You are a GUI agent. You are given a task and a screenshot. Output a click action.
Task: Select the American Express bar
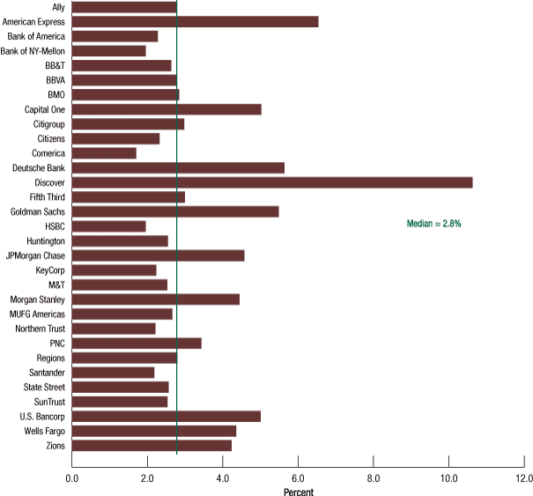tap(195, 22)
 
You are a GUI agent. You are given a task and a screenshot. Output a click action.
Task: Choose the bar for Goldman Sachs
tap(175, 211)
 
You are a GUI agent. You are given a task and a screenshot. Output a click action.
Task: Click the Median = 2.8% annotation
tap(433, 225)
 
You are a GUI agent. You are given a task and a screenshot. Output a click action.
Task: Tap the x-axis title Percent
tap(298, 492)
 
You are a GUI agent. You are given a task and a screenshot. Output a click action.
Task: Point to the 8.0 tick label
tap(374, 478)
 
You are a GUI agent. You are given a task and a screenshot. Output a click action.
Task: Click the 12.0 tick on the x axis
tap(523, 478)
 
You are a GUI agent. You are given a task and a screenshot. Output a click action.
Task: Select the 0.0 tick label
tap(72, 478)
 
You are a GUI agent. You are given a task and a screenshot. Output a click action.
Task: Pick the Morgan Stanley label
tap(37, 300)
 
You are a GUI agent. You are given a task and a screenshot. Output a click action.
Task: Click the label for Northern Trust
tap(40, 329)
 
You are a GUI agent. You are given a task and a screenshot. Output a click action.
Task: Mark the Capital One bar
tap(167, 109)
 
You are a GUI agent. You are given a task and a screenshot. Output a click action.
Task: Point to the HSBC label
tap(55, 226)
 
